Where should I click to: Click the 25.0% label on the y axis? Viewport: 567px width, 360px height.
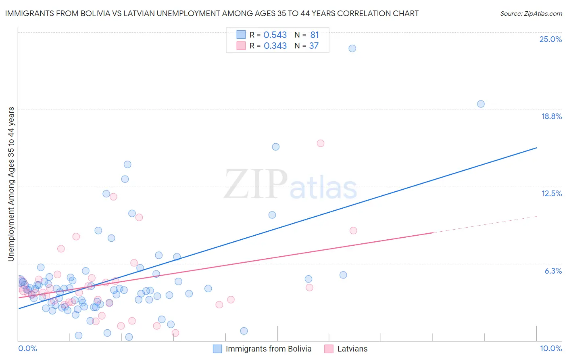pos(550,39)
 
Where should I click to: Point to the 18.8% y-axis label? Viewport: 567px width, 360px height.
pos(551,116)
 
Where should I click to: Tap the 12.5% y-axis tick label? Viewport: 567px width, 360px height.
pos(551,193)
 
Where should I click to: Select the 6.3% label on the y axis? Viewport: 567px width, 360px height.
pos(553,271)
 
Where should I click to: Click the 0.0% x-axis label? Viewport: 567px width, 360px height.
pos(27,348)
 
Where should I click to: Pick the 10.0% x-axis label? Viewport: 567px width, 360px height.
pos(550,348)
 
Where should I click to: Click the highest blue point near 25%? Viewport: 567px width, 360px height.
pos(352,48)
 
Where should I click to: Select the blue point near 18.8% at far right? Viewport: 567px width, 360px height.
pos(481,104)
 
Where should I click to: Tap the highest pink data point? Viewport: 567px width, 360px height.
pos(321,143)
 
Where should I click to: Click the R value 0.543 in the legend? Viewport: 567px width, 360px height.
pos(275,35)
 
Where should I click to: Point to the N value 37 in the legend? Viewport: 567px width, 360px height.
pos(314,46)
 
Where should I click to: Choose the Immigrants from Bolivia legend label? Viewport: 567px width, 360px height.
pos(269,349)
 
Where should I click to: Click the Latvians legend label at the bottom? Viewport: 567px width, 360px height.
pos(352,349)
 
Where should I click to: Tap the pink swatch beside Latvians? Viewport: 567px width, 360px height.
pos(329,349)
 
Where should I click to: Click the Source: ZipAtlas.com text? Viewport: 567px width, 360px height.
pos(531,13)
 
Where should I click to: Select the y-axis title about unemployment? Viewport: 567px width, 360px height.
pos(11,184)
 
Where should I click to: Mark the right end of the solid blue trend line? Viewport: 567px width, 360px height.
pos(536,148)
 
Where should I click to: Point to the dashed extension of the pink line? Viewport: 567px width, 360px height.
pos(484,224)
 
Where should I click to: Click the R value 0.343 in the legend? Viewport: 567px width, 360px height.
pos(275,46)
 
